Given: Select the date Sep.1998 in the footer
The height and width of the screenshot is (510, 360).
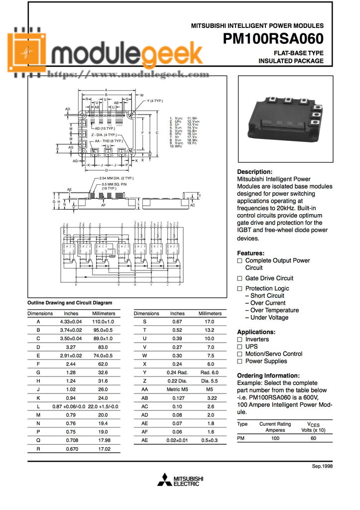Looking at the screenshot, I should click(322, 467).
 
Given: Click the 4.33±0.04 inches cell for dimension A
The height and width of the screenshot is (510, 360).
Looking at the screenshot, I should click(71, 322).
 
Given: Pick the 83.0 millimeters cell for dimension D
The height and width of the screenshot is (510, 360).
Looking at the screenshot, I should click(103, 348).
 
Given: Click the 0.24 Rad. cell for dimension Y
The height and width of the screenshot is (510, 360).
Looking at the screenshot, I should click(177, 373).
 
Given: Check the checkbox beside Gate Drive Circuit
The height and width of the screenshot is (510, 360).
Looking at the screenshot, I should click(240, 278).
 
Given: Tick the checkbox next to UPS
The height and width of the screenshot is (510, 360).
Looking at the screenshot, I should click(240, 347).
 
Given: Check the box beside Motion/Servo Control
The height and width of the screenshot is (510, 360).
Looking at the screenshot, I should click(240, 354).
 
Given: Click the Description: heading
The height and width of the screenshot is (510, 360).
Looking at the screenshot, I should click(254, 171).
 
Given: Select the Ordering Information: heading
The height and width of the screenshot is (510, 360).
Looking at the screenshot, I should click(268, 376).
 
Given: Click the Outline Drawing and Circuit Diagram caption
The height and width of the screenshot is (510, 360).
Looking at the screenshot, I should click(69, 303).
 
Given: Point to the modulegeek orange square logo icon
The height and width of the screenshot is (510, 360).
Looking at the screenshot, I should click(26, 51).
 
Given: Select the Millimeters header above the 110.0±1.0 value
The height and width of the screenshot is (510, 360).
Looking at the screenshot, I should click(104, 314).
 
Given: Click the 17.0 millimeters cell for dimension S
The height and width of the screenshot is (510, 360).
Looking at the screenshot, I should click(210, 322).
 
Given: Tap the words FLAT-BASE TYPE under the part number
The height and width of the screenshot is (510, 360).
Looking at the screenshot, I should click(298, 53).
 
